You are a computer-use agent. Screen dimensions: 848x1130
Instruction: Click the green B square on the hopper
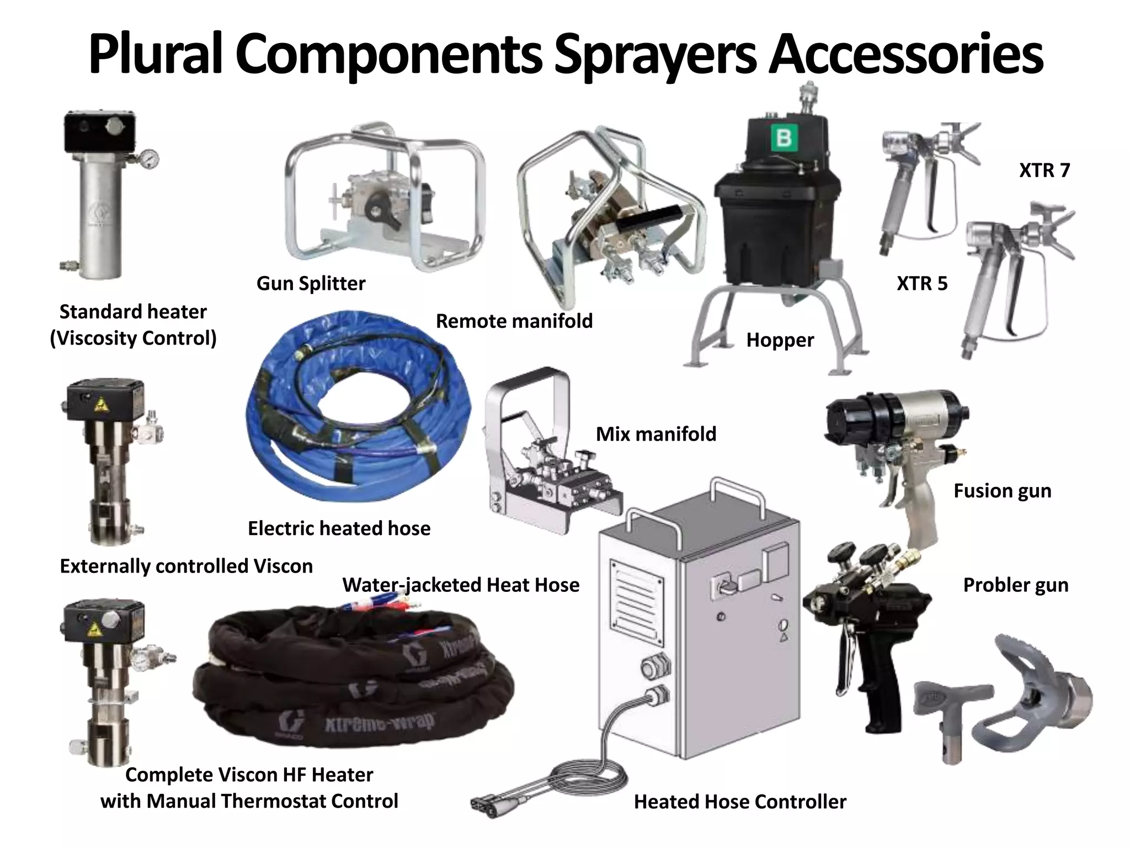pyautogui.click(x=783, y=137)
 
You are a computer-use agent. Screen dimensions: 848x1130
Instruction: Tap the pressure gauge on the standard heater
pyautogui.click(x=148, y=158)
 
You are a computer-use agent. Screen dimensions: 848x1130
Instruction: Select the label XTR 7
pyautogui.click(x=1044, y=170)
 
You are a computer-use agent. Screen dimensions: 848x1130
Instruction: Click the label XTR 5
pyautogui.click(x=921, y=283)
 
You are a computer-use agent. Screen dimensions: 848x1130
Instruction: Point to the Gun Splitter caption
pyautogui.click(x=311, y=283)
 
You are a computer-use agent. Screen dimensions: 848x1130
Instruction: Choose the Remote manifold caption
pyautogui.click(x=514, y=321)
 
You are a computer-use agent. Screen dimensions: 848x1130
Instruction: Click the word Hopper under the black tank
pyautogui.click(x=780, y=340)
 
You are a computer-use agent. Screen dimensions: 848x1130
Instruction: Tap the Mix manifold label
pyautogui.click(x=655, y=434)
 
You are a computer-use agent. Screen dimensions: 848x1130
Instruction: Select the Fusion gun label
pyautogui.click(x=1002, y=491)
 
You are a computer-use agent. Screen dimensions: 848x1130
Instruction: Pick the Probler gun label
pyautogui.click(x=1015, y=585)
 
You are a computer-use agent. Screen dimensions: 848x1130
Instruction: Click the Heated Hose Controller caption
pyautogui.click(x=739, y=802)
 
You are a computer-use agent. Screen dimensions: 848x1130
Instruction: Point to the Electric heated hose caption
pyautogui.click(x=339, y=528)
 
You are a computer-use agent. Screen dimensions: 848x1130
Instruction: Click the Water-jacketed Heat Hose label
pyautogui.click(x=461, y=585)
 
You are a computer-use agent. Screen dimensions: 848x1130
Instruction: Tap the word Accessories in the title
pyautogui.click(x=905, y=54)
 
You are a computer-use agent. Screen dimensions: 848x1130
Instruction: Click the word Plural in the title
pyautogui.click(x=155, y=54)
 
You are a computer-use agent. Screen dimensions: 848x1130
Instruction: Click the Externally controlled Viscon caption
pyautogui.click(x=186, y=566)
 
